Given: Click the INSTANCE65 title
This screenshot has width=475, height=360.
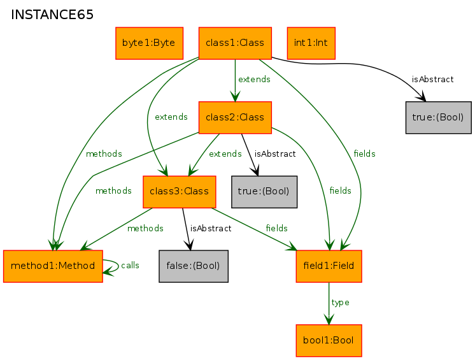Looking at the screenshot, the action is (52, 15).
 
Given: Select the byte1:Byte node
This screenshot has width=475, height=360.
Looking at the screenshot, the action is (150, 43).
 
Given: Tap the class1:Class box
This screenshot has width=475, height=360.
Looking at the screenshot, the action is (235, 43).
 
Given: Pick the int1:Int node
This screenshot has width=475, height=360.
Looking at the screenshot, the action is (311, 43).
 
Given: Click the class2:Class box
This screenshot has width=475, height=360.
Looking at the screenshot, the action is (235, 118).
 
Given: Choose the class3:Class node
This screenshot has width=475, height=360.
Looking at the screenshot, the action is (180, 192).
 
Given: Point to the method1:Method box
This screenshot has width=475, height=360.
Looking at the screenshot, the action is (53, 266).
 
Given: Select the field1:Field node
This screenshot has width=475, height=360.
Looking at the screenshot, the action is (329, 266).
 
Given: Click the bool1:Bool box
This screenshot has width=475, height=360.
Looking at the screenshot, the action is (329, 341).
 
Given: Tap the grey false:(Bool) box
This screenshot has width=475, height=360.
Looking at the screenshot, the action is (194, 266).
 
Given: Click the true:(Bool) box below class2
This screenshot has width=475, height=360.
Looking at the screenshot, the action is (264, 192).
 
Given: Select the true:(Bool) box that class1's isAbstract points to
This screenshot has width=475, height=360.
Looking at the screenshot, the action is (439, 118).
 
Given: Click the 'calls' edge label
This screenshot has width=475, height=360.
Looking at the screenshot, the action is (130, 266).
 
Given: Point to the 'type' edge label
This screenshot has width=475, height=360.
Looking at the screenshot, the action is (340, 303).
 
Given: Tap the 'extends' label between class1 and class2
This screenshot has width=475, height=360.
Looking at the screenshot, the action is (254, 80).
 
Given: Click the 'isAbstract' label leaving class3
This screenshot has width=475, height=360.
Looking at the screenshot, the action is (211, 228).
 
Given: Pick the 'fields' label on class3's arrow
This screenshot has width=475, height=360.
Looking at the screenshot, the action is (276, 228).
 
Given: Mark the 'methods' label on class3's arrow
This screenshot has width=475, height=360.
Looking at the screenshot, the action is (145, 228).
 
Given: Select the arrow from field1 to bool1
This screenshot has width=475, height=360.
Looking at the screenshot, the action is (329, 303).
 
